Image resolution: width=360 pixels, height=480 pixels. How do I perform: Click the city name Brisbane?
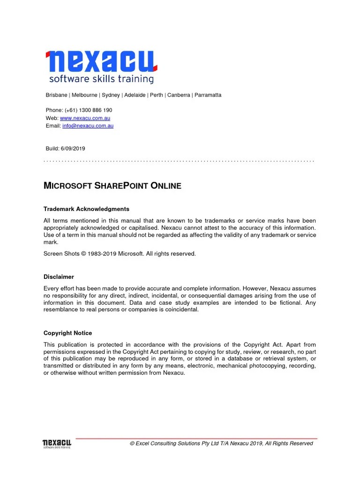click(x=56, y=95)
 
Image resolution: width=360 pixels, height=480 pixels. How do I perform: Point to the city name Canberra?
click(x=179, y=95)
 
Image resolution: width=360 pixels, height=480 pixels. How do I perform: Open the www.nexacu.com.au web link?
click(x=85, y=118)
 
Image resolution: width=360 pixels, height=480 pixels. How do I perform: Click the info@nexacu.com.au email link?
click(x=88, y=126)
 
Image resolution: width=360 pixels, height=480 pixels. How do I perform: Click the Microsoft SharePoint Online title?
click(x=112, y=186)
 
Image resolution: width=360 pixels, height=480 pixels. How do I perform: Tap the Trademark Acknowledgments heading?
click(x=86, y=209)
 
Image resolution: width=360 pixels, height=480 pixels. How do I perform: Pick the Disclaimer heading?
click(x=59, y=277)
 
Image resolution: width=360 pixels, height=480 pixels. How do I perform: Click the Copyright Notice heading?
click(x=67, y=333)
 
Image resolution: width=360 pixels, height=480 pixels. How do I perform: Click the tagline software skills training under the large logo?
click(x=101, y=79)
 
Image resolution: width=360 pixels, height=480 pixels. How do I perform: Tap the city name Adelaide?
click(x=135, y=95)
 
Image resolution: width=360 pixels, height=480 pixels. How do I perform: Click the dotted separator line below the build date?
click(x=178, y=161)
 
